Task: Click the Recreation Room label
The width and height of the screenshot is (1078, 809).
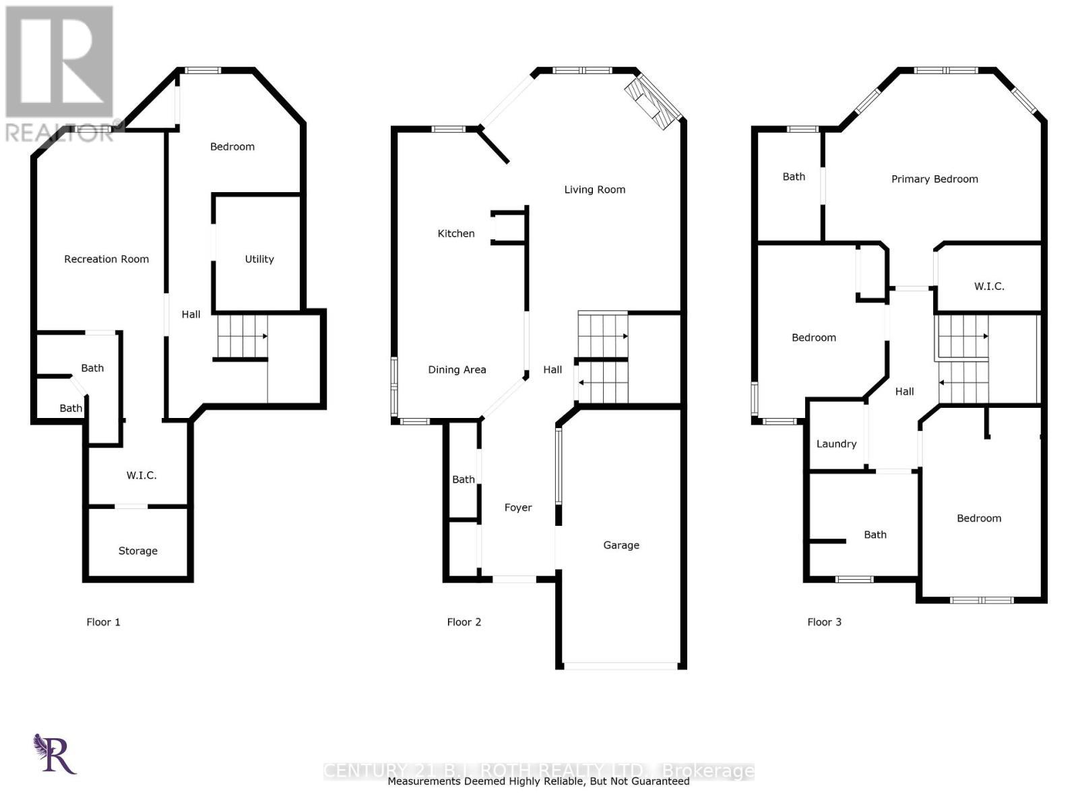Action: click(106, 259)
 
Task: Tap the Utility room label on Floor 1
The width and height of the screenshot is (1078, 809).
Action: click(259, 259)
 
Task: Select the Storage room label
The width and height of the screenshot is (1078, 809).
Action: click(138, 551)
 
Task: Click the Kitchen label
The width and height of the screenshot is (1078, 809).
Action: click(456, 233)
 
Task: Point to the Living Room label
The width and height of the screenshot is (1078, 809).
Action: click(595, 189)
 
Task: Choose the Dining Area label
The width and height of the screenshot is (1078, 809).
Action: click(457, 369)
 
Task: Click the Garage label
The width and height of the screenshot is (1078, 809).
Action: click(621, 545)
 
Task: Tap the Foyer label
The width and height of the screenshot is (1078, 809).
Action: click(518, 508)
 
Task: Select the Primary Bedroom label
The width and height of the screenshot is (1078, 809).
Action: click(934, 179)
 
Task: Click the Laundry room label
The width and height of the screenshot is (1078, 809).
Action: click(836, 444)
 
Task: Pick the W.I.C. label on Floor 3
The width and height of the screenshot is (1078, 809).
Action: click(989, 286)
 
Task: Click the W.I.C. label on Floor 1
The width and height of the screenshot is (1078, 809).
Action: click(141, 475)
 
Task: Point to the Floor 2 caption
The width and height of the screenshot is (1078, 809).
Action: click(464, 622)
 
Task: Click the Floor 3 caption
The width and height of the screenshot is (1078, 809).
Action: click(825, 622)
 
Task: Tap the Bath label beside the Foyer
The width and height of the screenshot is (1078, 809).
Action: click(464, 479)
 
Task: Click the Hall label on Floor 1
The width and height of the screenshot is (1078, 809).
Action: click(191, 314)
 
